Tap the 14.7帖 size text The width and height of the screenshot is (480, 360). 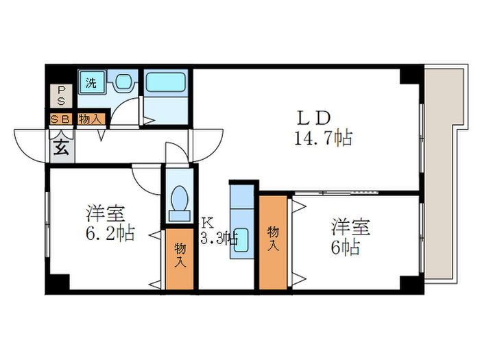pyautogui.click(x=322, y=139)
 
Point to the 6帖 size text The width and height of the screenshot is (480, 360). pyautogui.click(x=346, y=248)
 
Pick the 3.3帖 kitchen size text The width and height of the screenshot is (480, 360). pyautogui.click(x=219, y=239)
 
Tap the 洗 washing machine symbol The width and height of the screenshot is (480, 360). pyautogui.click(x=90, y=84)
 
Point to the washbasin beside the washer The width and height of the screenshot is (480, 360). pyautogui.click(x=123, y=83)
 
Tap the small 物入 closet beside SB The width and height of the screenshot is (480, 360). pyautogui.click(x=91, y=119)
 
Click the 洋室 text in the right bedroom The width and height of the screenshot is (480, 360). pyautogui.click(x=351, y=226)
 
